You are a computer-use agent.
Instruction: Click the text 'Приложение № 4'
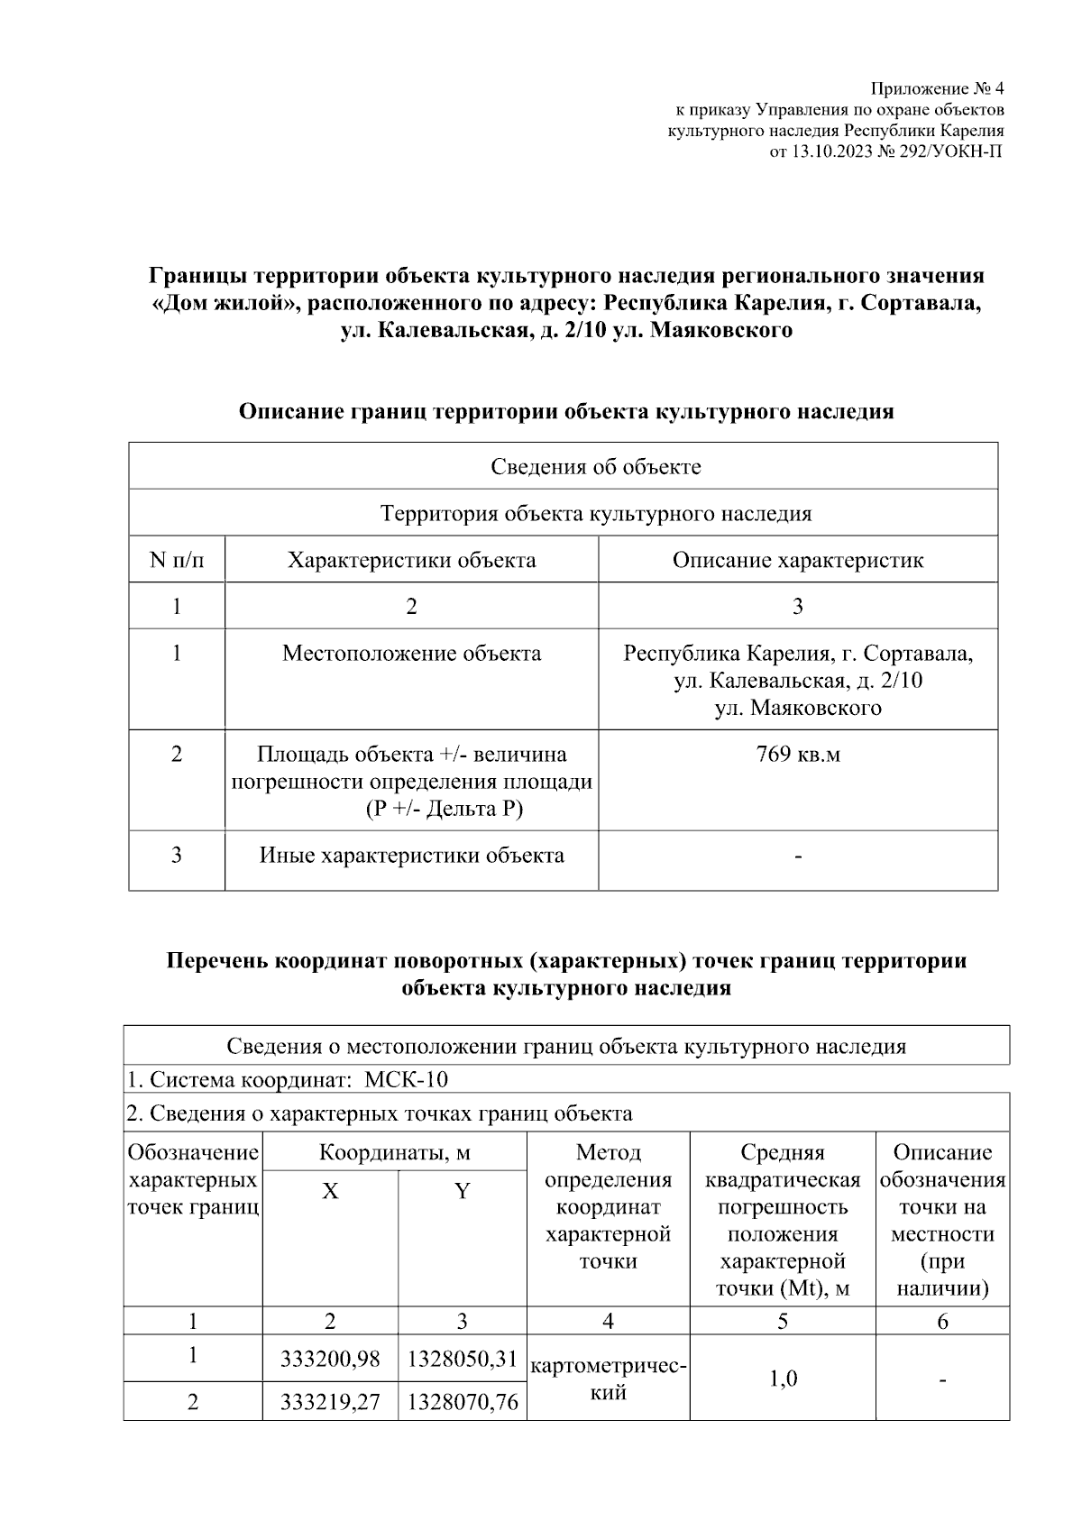[937, 89]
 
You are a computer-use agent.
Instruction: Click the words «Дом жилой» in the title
[225, 303]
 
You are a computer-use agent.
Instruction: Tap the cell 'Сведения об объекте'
[595, 467]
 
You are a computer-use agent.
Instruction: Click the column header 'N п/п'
[177, 560]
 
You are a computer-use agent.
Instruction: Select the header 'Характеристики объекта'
[411, 560]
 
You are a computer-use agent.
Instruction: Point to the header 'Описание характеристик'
[797, 560]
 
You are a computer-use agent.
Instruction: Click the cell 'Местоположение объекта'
[411, 653]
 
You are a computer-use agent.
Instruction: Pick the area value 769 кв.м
[797, 754]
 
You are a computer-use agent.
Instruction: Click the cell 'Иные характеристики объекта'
[411, 855]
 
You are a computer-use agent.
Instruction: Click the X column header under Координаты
[330, 1192]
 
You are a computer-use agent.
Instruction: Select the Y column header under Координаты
[462, 1192]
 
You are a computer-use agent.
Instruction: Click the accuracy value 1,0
[782, 1379]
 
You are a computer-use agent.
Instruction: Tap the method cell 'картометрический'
[608, 1379]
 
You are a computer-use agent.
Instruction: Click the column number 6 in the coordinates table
[942, 1321]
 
